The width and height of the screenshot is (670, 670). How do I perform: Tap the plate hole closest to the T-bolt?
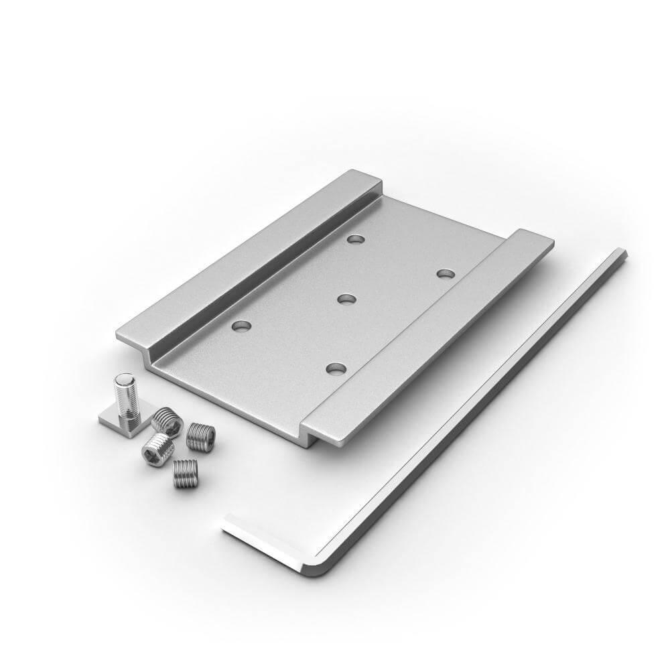click(x=240, y=326)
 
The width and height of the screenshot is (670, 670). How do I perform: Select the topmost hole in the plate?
click(x=355, y=239)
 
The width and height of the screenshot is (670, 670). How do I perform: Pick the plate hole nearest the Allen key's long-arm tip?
click(x=445, y=273)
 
